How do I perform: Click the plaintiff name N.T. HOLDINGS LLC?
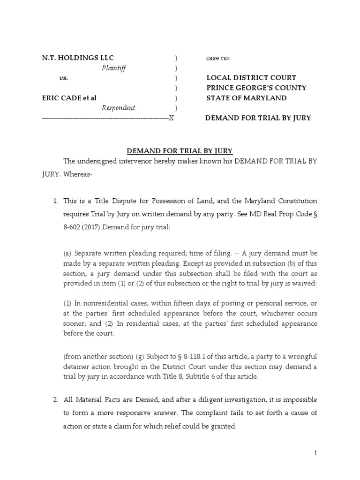tap(77, 58)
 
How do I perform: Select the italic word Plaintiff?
tap(114, 68)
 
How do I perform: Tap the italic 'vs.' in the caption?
tap(64, 78)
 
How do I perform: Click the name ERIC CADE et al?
tap(69, 98)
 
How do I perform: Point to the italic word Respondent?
tap(119, 108)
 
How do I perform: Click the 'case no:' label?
tap(218, 58)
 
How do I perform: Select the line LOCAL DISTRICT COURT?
tap(251, 78)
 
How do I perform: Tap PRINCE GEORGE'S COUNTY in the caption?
tap(256, 88)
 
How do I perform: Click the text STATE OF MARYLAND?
tap(247, 98)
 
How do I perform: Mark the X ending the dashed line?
tap(171, 118)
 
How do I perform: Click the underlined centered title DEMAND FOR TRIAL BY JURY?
tap(180, 151)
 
